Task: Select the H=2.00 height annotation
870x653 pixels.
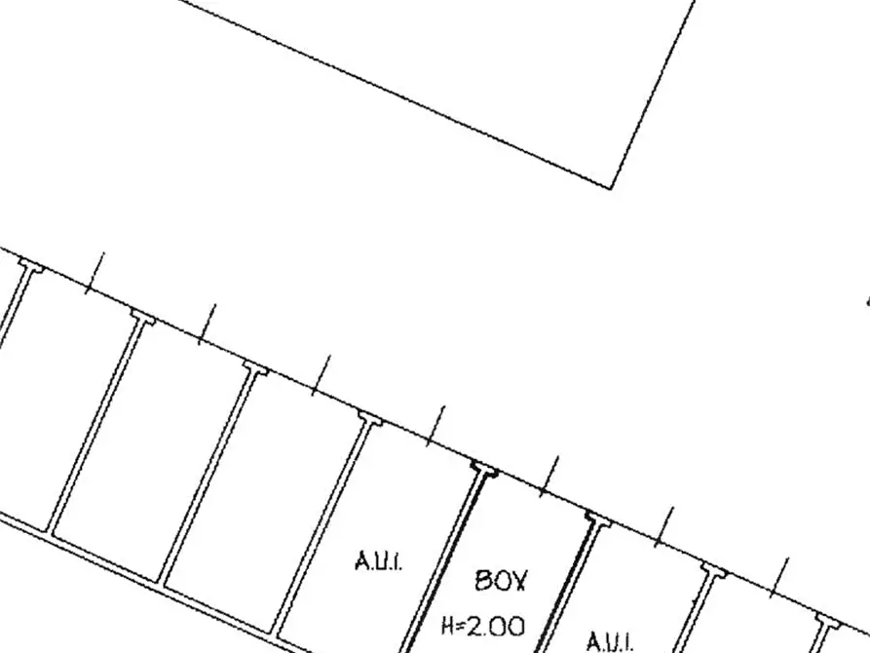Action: (x=483, y=627)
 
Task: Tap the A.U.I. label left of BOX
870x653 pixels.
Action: (x=378, y=560)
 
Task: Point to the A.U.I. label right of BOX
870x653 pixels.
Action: (x=609, y=641)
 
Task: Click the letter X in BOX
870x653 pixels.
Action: (x=517, y=581)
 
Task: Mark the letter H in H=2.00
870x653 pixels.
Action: (x=447, y=627)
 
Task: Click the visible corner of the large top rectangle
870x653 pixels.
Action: (x=611, y=189)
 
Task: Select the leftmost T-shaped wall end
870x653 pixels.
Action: (x=31, y=265)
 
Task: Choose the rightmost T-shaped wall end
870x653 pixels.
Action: (x=828, y=618)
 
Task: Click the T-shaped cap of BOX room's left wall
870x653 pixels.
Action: (x=484, y=468)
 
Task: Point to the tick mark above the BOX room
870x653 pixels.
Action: (x=549, y=476)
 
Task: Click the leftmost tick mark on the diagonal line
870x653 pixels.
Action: (x=95, y=273)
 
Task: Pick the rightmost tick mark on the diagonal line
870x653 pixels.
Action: (x=778, y=578)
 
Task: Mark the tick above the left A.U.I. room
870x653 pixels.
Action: (x=435, y=426)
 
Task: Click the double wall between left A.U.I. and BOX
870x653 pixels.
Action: (x=444, y=560)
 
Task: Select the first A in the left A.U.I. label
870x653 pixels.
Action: (x=360, y=560)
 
